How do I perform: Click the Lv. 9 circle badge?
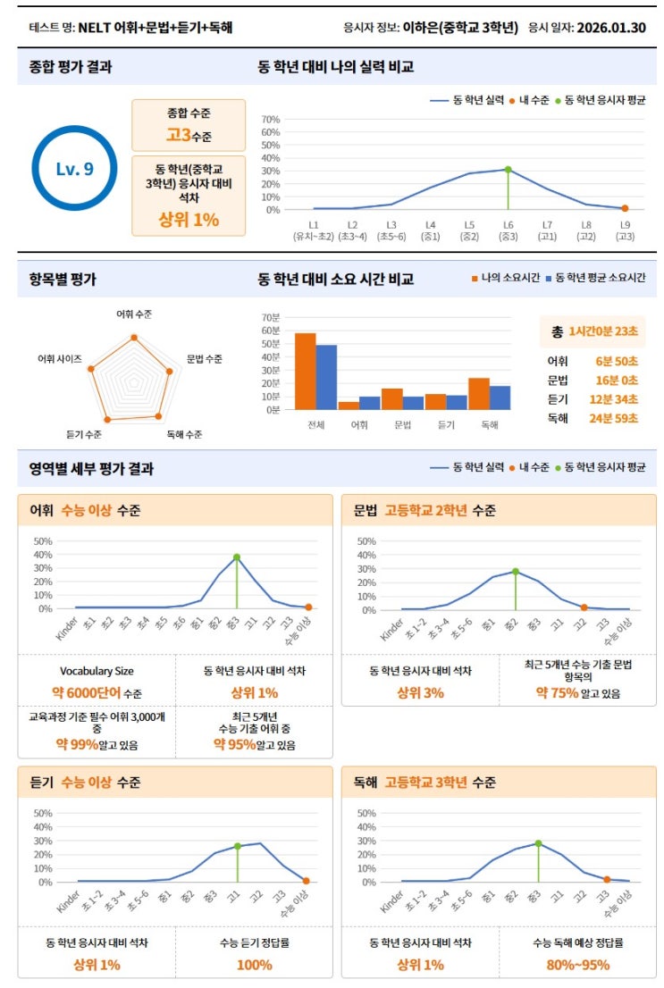(x=75, y=169)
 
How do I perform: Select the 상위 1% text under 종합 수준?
(x=189, y=220)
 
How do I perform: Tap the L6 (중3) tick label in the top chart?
(x=508, y=230)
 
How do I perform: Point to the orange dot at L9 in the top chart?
(x=625, y=208)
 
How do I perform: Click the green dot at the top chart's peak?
(x=508, y=169)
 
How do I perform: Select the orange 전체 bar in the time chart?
(x=306, y=371)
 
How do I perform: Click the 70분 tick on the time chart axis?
(x=270, y=317)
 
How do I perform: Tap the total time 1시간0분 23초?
(x=603, y=331)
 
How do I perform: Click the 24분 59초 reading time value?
(x=617, y=418)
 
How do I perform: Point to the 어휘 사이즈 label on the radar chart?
(x=59, y=358)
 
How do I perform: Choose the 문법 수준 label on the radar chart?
(x=205, y=358)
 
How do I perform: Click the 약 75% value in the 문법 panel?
(x=557, y=692)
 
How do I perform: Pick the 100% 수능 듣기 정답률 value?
(x=254, y=965)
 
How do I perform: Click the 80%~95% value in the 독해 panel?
(x=577, y=965)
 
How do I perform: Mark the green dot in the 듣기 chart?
(x=238, y=846)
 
